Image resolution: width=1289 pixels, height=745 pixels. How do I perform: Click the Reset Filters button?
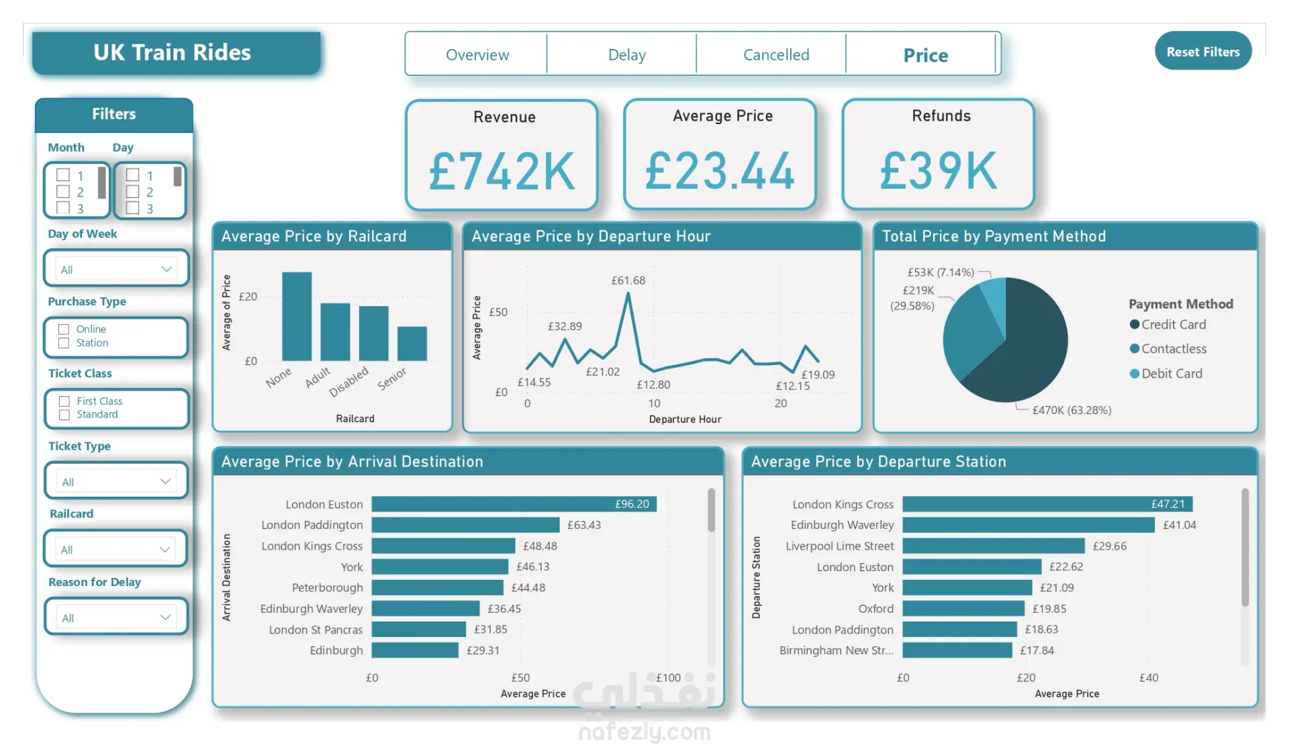[1203, 51]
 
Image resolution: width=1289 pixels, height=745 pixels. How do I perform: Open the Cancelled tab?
[776, 54]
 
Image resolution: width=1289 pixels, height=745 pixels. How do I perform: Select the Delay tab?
[627, 54]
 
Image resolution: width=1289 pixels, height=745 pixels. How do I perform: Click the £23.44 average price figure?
[720, 171]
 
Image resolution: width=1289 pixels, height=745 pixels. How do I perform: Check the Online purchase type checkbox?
[64, 329]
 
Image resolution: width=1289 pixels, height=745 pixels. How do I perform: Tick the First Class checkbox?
[64, 401]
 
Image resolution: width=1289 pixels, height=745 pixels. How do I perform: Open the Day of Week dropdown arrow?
[166, 269]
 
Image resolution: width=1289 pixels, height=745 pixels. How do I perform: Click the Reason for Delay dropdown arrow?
[165, 617]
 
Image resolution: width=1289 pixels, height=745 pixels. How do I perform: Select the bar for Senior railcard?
[412, 344]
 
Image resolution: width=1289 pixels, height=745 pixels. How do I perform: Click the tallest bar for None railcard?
[297, 316]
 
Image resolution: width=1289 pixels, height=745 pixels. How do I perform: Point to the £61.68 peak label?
[628, 281]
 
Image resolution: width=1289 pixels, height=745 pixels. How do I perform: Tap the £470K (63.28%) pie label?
[1072, 410]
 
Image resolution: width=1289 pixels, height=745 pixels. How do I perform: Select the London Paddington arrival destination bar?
[465, 525]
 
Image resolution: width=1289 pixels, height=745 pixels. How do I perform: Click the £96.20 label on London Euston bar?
[632, 504]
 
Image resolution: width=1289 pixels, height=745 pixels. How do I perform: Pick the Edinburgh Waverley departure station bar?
[1029, 525]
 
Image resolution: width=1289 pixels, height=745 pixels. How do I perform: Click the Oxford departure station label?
[876, 609]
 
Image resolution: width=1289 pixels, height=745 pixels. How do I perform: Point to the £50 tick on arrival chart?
[520, 678]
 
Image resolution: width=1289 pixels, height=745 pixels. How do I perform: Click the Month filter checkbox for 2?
[63, 191]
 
